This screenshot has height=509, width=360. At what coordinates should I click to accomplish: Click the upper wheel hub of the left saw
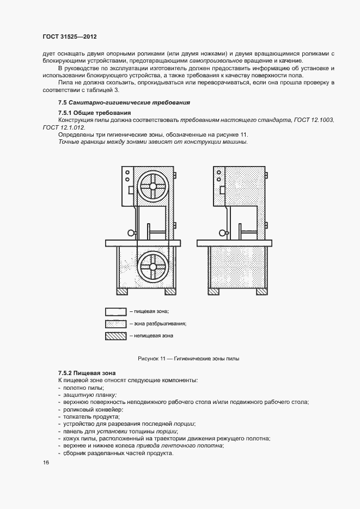(153, 186)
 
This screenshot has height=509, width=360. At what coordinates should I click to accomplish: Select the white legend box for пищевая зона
(115, 311)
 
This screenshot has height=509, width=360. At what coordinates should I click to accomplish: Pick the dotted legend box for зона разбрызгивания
(115, 324)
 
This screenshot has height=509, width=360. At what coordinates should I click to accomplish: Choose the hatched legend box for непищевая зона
(115, 336)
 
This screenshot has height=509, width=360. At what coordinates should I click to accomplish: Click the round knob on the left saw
(131, 234)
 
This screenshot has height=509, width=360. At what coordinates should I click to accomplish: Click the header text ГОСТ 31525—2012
(69, 37)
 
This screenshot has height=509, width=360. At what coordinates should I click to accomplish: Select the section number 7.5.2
(66, 372)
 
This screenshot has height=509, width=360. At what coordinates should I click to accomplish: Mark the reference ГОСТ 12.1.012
(62, 127)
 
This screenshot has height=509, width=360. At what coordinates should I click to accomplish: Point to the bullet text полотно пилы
(83, 387)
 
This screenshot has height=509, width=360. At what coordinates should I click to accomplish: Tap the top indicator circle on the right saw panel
(219, 171)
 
